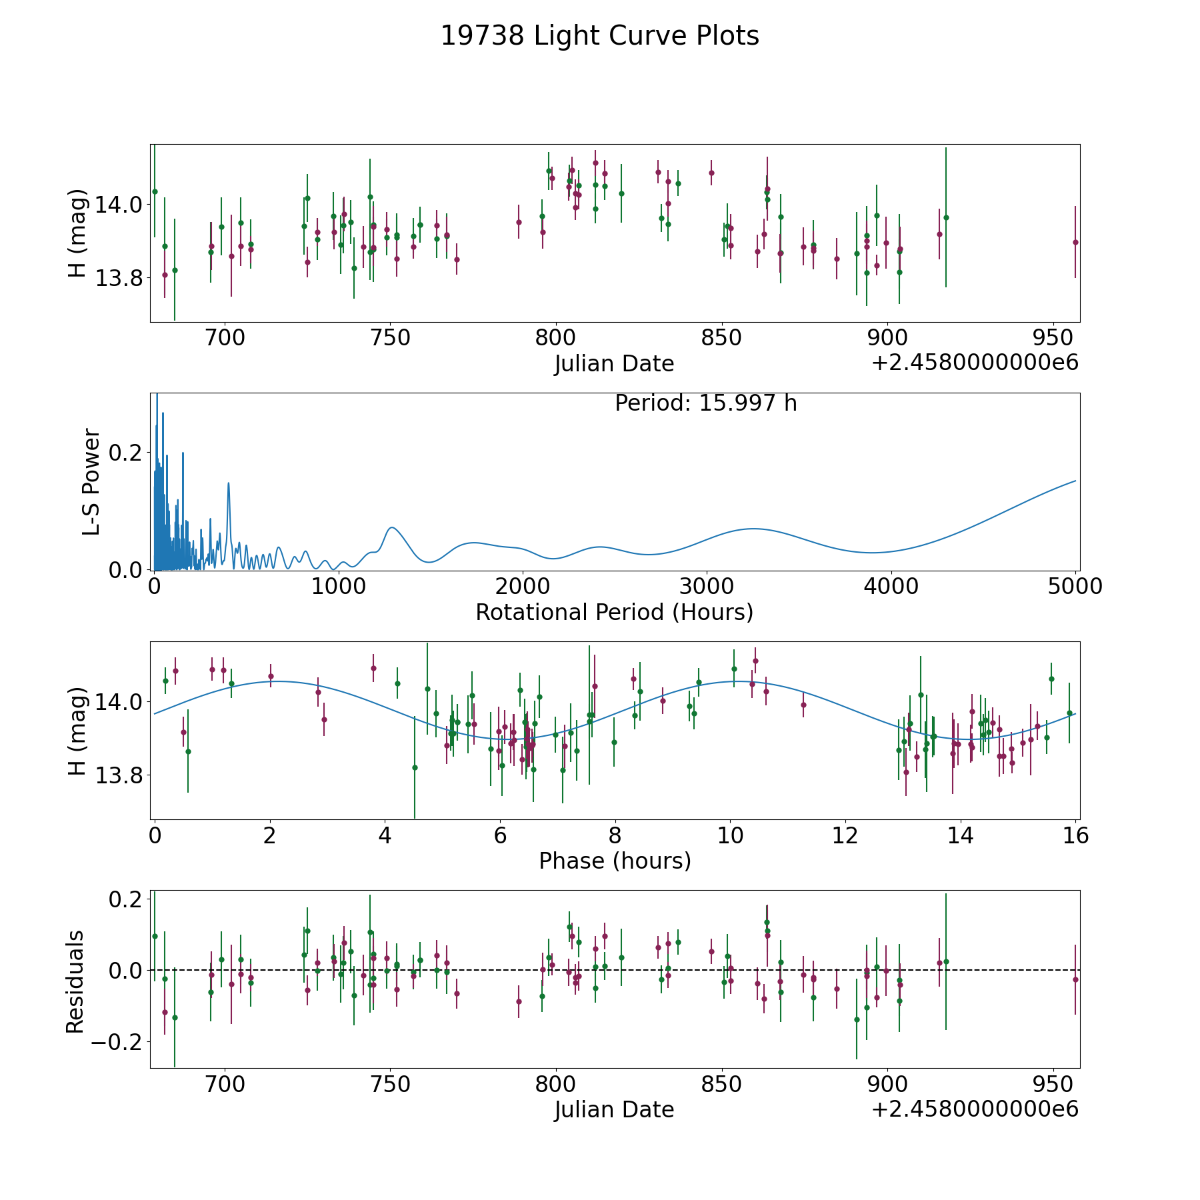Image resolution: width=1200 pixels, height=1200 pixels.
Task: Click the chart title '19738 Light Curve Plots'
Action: (x=600, y=36)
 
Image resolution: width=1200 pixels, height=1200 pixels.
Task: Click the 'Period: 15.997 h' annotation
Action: (x=705, y=403)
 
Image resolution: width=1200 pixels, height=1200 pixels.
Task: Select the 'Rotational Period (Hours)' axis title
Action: (x=614, y=612)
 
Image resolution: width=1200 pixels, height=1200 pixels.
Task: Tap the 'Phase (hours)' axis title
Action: (x=615, y=861)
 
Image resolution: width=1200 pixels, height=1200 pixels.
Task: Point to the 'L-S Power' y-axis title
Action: (x=91, y=481)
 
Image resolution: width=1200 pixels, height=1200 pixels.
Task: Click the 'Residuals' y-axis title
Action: (x=75, y=981)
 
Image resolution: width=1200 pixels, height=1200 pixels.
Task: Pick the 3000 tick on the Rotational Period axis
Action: (x=706, y=587)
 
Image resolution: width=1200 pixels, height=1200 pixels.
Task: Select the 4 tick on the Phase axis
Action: (x=385, y=835)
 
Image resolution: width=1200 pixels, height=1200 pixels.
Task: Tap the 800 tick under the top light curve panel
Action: (x=555, y=338)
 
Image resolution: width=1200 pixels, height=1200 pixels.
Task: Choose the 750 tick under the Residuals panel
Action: (x=390, y=1084)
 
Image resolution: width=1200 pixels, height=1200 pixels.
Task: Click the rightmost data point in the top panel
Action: (x=1075, y=242)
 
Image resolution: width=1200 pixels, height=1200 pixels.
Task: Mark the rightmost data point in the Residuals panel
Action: (x=1075, y=979)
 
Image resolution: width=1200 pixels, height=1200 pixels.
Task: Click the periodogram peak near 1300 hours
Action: (x=392, y=527)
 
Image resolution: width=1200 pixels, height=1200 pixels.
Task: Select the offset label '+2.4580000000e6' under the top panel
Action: (x=975, y=363)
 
